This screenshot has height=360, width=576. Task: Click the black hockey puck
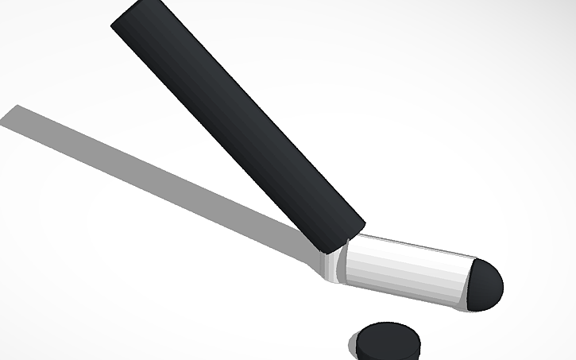[x=387, y=342]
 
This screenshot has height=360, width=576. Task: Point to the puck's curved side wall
[x=386, y=351]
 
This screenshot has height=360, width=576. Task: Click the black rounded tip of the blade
[x=485, y=285]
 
